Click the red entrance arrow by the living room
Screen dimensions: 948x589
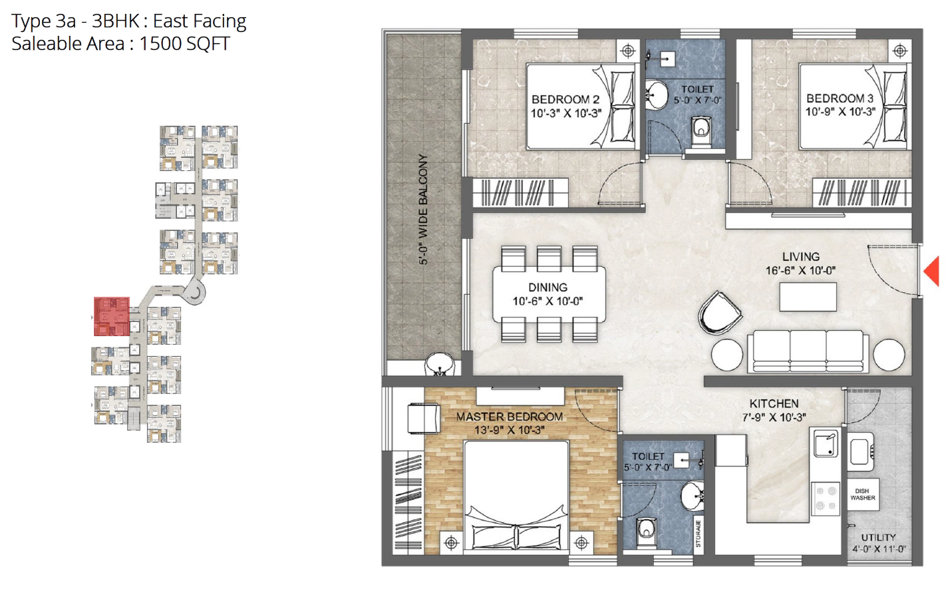(932, 271)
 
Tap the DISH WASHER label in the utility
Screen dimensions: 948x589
(862, 494)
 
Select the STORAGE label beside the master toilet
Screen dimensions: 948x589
(698, 534)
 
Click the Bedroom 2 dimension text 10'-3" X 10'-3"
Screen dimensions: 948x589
(566, 113)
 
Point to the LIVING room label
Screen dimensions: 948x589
(801, 257)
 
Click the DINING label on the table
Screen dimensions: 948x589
(548, 288)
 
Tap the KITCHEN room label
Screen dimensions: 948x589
(774, 403)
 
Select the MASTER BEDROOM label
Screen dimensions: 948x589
(510, 417)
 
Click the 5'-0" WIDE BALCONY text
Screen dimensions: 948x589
(423, 210)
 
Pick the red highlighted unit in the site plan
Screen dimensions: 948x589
(112, 316)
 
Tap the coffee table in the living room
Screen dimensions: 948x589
(808, 297)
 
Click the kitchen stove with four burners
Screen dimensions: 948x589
(826, 498)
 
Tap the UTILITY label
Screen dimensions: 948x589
(879, 537)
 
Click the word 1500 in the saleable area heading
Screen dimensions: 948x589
(160, 43)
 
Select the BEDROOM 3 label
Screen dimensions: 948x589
(840, 98)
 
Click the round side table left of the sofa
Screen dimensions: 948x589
(727, 355)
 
